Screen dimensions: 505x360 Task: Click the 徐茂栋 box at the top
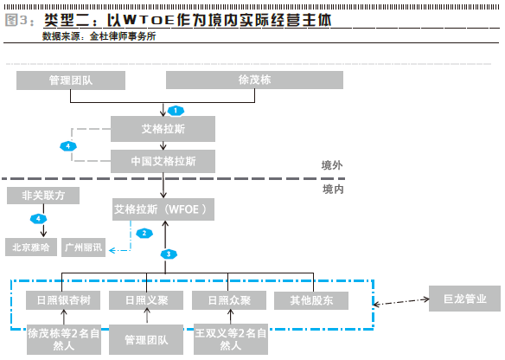[x=254, y=80]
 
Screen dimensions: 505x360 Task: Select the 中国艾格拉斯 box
[x=163, y=161]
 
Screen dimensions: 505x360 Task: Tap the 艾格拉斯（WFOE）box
[x=163, y=209]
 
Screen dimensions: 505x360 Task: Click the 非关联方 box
[x=43, y=196]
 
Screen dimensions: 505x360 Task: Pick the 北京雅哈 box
[x=31, y=247]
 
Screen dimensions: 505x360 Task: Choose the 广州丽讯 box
[x=83, y=247]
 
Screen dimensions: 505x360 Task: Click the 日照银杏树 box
[x=63, y=300]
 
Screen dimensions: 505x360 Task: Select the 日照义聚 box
[x=146, y=300]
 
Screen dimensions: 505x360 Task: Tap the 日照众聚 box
[x=229, y=300]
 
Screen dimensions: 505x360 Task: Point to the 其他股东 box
[x=311, y=300]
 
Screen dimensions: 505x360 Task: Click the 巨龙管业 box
[x=464, y=299]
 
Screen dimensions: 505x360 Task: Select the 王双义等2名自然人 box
[x=231, y=339]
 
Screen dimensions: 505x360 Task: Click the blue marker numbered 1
[x=176, y=111]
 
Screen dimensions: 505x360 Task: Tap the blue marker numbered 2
[x=144, y=234]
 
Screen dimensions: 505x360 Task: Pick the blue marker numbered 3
[x=169, y=254]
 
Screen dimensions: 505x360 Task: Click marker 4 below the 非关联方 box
[x=38, y=219]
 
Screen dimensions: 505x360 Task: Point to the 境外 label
[x=332, y=165]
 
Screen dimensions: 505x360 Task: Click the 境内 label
[x=333, y=190]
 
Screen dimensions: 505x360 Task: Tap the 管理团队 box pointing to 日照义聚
[x=146, y=340]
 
